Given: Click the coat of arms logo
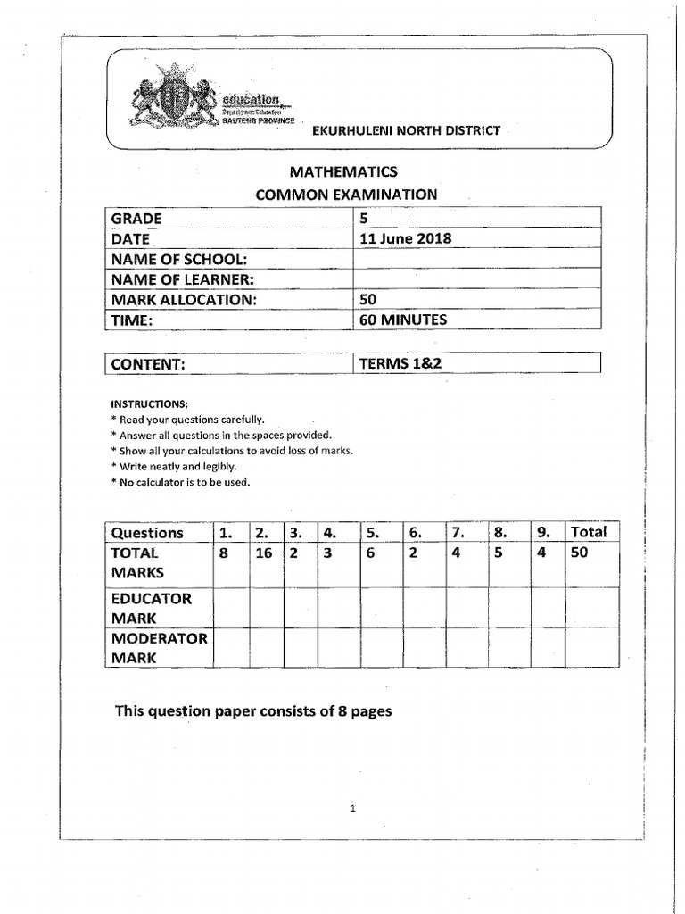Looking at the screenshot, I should (x=174, y=102).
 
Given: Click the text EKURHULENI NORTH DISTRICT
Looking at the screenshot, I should (x=405, y=131).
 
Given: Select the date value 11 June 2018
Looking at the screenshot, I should (x=405, y=238).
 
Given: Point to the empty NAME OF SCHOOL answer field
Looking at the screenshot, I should (x=477, y=259).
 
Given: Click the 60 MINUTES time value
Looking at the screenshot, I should (x=402, y=320).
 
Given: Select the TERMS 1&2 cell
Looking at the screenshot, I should (x=394, y=363).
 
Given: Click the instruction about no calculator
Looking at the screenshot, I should (x=180, y=482).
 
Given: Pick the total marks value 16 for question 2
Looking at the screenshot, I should (x=264, y=553).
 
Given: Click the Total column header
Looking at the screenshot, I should (x=589, y=532).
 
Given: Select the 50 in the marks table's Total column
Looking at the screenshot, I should (x=581, y=553).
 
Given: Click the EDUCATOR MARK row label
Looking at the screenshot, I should (x=151, y=608).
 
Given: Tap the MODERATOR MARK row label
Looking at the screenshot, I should (x=159, y=648).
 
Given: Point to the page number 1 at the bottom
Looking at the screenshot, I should (x=353, y=810).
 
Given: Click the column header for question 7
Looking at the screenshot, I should (x=458, y=533).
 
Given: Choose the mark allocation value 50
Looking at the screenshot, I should (x=367, y=300).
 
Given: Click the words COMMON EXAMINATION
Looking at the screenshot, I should (x=347, y=195).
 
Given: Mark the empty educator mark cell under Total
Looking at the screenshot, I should (x=591, y=608).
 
